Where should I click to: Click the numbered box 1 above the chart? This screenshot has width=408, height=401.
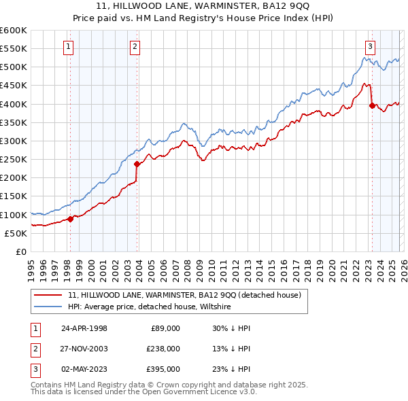[x=69, y=47]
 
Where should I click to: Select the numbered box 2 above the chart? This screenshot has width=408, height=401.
[x=135, y=47]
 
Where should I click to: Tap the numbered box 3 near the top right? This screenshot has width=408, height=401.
[x=370, y=47]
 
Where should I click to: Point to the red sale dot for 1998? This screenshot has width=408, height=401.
[x=71, y=219]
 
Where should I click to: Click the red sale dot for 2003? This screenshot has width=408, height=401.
[x=137, y=164]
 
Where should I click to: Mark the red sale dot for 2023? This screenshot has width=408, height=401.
[x=371, y=105]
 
